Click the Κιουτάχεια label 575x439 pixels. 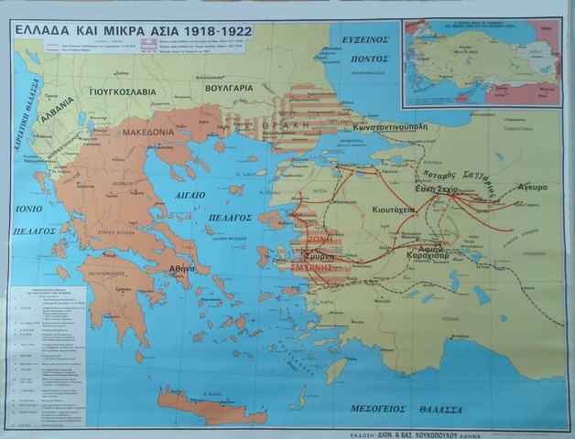[425, 209]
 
